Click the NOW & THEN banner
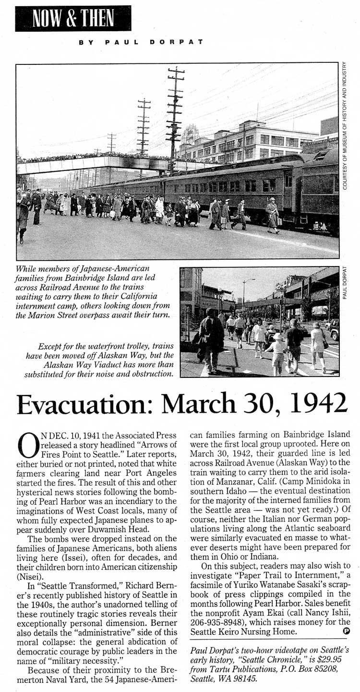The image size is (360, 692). (73, 18)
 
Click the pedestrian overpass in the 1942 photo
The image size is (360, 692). (96, 163)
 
